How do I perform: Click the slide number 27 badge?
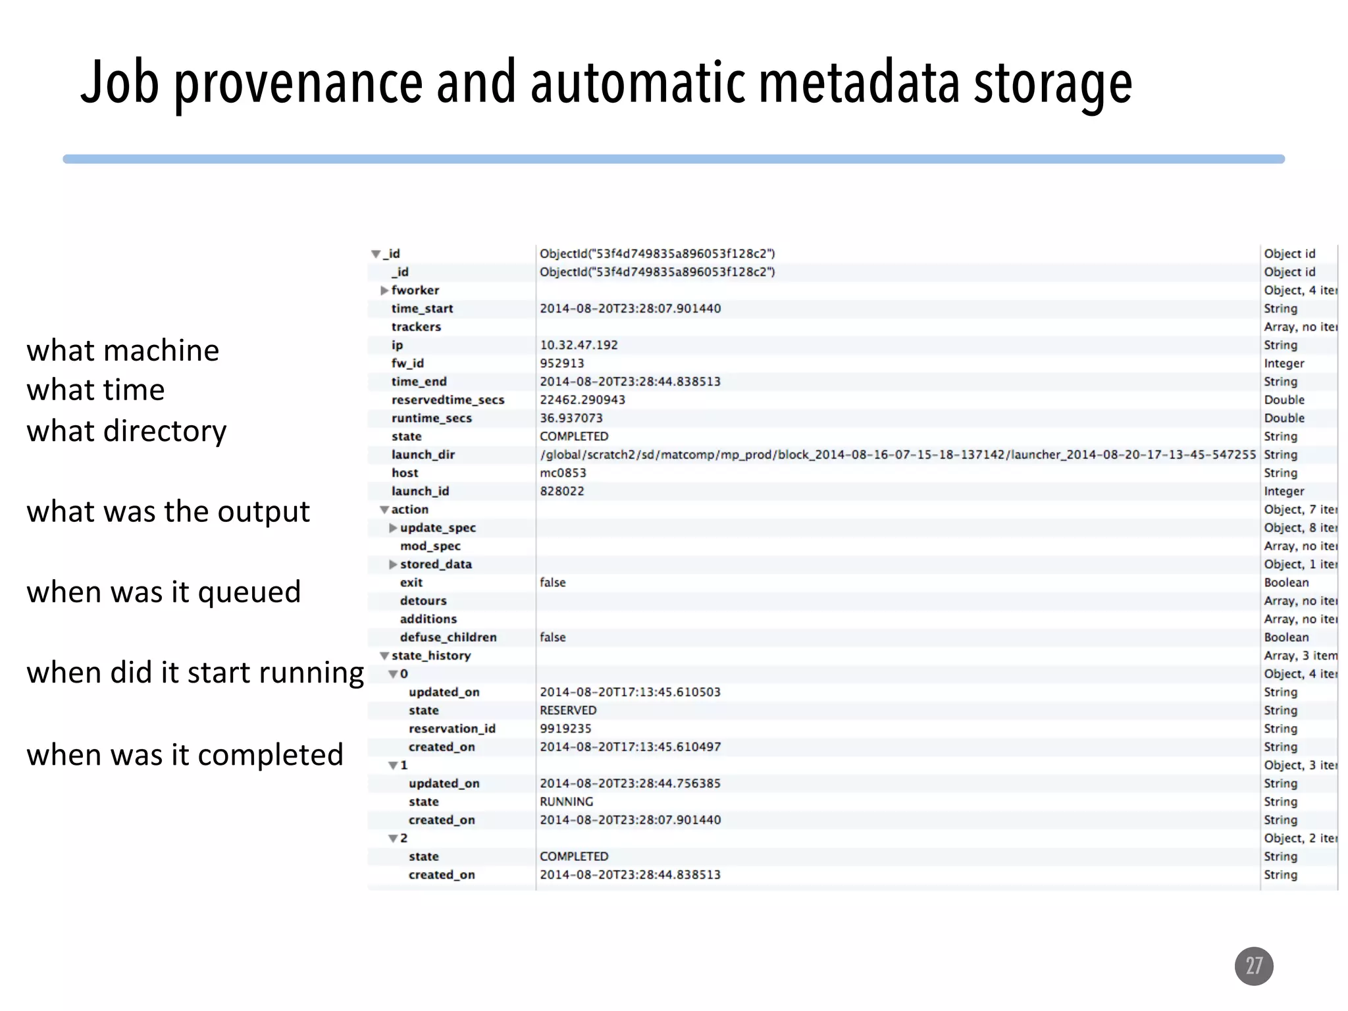pos(1253,966)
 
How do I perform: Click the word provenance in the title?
pos(298,83)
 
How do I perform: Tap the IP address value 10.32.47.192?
pos(579,345)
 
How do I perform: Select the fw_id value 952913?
pos(561,363)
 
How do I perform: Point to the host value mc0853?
pos(563,473)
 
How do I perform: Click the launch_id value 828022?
pos(561,491)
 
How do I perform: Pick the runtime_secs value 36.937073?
pos(571,418)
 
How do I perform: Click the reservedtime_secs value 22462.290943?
pos(583,400)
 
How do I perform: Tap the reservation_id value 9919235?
pos(565,729)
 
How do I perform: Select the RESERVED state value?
pos(568,710)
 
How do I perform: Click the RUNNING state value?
pos(566,802)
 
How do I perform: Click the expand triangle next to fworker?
pos(384,290)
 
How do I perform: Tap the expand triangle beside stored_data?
pos(393,564)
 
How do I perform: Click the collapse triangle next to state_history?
pos(384,656)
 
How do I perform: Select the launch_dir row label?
pos(423,455)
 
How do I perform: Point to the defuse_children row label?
pos(448,637)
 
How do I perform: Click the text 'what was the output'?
pos(168,511)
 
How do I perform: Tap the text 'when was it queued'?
pos(163,592)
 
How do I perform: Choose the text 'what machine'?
pos(122,350)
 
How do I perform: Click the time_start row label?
pos(422,309)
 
